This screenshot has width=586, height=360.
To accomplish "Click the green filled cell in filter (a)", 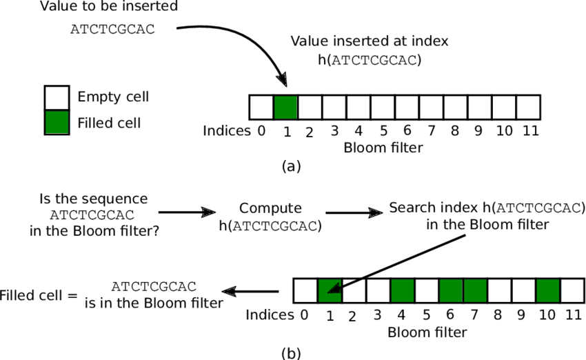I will pyautogui.click(x=285, y=108).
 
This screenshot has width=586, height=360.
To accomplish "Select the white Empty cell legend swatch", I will pyautogui.click(x=57, y=97).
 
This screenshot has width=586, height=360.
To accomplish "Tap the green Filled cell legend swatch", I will pyautogui.click(x=57, y=121).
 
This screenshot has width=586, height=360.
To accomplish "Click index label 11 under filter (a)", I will pyautogui.click(x=529, y=130).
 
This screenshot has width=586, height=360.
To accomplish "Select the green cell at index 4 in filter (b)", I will pyautogui.click(x=403, y=290).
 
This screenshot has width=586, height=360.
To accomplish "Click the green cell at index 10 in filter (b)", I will pyautogui.click(x=548, y=290).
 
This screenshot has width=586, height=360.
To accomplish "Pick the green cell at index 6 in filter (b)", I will pyautogui.click(x=451, y=290).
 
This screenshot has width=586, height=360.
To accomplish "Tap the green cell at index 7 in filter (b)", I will pyautogui.click(x=475, y=290).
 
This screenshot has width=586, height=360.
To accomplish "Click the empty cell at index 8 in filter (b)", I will pyautogui.click(x=499, y=290).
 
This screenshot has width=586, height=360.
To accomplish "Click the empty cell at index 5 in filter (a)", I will pyautogui.click(x=383, y=108).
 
